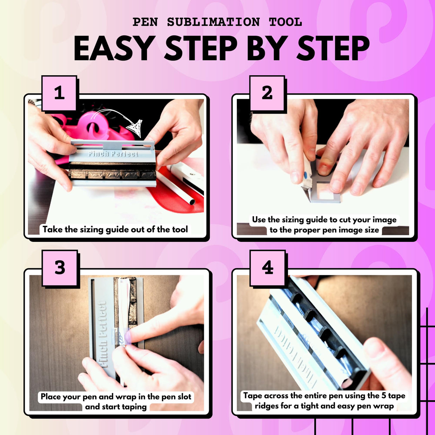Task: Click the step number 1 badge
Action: (x=59, y=93)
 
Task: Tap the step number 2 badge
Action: (x=267, y=93)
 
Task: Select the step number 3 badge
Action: (x=60, y=268)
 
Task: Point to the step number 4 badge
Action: (x=268, y=268)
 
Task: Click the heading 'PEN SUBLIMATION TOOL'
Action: (x=217, y=22)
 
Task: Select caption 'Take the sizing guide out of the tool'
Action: (x=115, y=229)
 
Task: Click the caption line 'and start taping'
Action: (x=116, y=407)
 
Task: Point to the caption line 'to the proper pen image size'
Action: (x=324, y=230)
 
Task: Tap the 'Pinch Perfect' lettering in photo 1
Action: (x=113, y=154)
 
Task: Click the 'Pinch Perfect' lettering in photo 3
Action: (x=103, y=333)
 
